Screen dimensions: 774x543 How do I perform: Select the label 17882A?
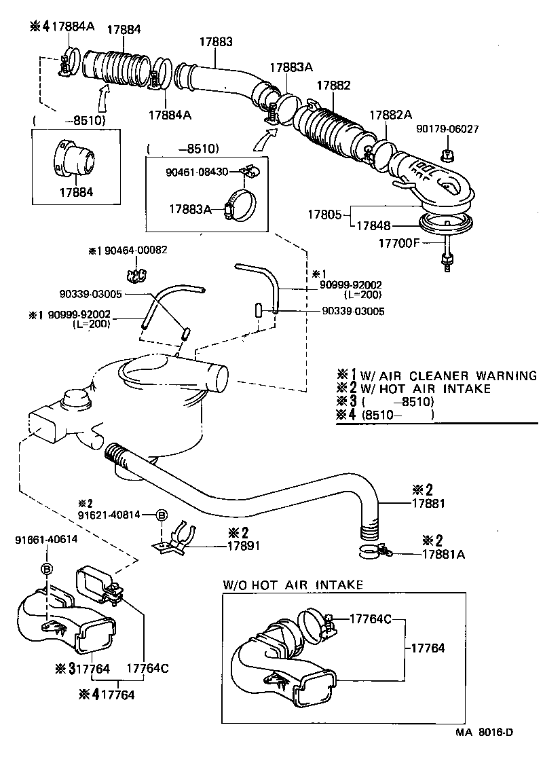click(390, 115)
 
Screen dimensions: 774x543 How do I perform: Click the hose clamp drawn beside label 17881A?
click(374, 550)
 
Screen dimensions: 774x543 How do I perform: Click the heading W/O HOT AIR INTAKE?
click(293, 585)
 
